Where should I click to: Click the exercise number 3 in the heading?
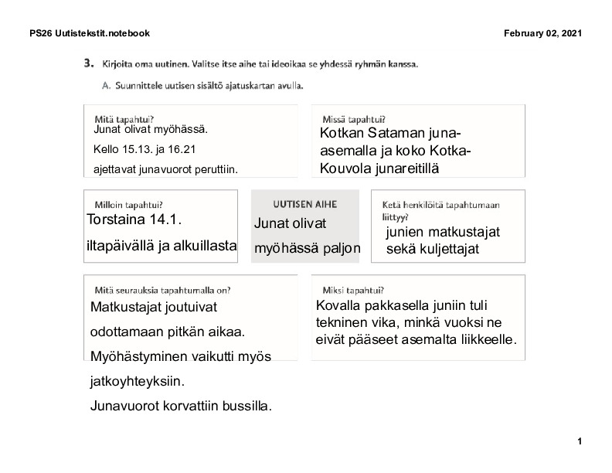coord(89,63)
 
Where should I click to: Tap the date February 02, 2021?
coord(542,33)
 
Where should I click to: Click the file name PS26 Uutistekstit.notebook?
coord(89,33)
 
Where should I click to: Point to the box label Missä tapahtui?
coord(353,119)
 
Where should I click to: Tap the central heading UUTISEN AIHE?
coord(305,204)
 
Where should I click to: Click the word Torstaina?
coord(116,220)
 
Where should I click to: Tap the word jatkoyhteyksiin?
coord(138,382)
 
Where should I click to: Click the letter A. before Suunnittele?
coord(107,85)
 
